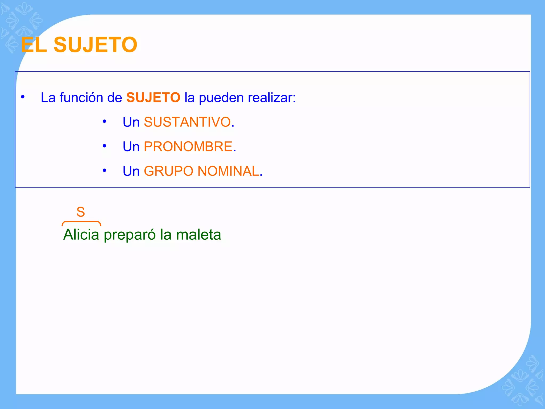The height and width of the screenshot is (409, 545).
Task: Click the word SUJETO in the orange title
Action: click(95, 45)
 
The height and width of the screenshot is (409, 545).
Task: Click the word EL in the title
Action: click(34, 45)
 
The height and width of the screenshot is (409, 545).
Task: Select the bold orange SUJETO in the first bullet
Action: click(153, 97)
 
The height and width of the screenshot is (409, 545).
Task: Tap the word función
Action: click(81, 97)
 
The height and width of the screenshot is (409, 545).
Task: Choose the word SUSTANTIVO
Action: click(187, 122)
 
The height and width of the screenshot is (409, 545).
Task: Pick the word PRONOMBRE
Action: click(188, 146)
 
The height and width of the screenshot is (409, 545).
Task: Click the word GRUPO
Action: click(168, 171)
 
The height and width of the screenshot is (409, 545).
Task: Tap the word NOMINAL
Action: click(228, 171)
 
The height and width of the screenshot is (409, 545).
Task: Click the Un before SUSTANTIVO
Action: click(131, 122)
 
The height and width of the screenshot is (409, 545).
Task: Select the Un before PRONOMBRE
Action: click(131, 146)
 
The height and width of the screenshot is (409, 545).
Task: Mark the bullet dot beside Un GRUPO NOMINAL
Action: click(105, 170)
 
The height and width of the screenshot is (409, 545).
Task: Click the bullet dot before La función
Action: click(23, 97)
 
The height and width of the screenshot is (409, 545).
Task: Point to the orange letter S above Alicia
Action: click(81, 212)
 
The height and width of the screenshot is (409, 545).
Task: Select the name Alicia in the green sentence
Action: click(81, 235)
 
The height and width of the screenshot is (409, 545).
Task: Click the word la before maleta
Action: click(166, 235)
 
